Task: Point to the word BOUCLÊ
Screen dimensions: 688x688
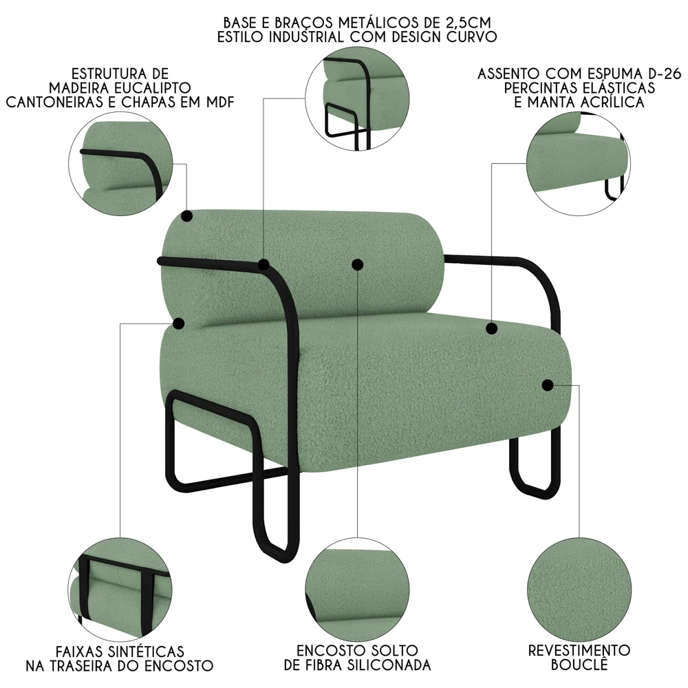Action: coord(579,665)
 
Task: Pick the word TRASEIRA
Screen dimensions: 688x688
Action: coord(118,665)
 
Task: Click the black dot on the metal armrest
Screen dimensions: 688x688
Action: coord(264,264)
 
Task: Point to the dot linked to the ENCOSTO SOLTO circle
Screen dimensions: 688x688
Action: coord(356,264)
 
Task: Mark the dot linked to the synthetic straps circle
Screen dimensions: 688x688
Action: coord(179,323)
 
